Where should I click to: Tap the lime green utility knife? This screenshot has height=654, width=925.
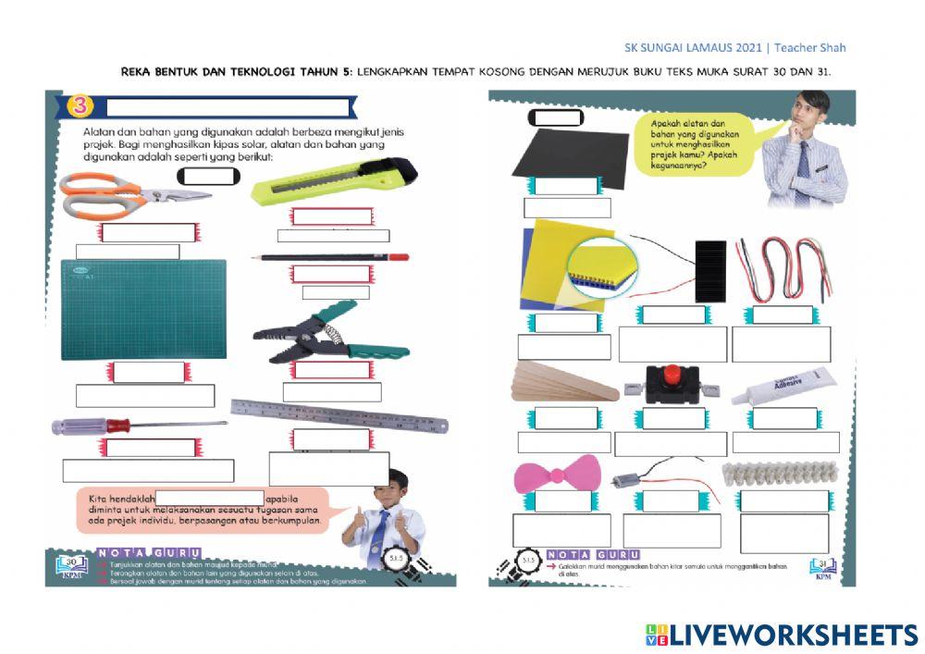click(333, 180)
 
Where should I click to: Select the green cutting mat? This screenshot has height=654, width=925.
click(143, 309)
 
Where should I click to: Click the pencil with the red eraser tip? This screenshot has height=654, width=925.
click(333, 257)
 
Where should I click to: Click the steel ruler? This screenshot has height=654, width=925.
click(339, 415)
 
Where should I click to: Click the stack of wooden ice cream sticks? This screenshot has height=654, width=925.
click(564, 382)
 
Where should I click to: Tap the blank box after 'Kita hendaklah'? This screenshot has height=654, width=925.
click(210, 499)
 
